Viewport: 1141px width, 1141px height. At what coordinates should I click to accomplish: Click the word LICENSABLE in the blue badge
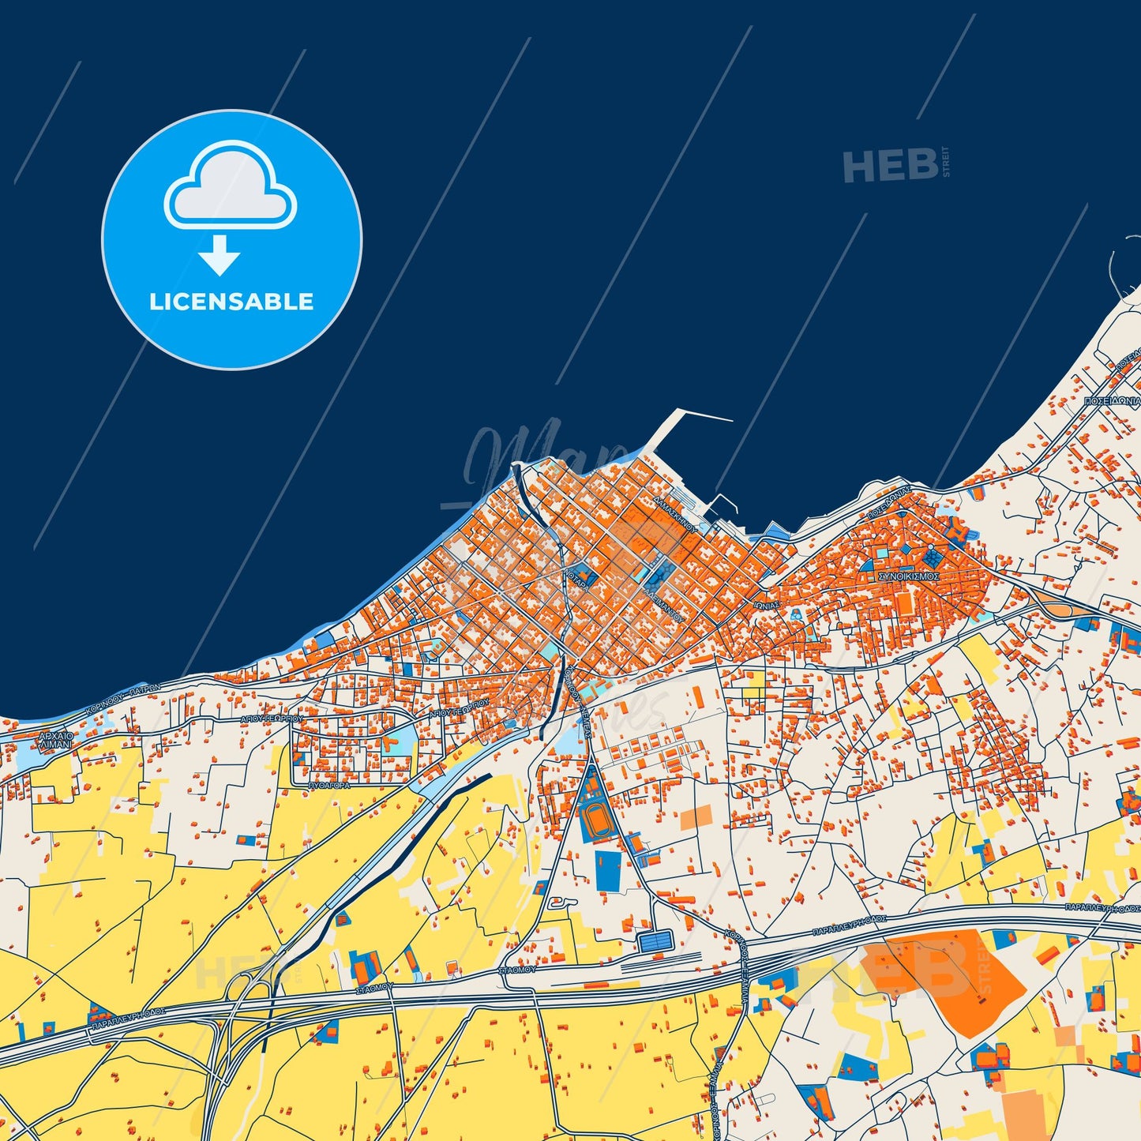point(231,302)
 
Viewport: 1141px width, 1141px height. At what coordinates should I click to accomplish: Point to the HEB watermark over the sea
point(891,166)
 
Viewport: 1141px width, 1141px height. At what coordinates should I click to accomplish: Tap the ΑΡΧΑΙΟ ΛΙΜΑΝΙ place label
point(55,740)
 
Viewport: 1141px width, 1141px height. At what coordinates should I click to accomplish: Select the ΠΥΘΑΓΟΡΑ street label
point(329,786)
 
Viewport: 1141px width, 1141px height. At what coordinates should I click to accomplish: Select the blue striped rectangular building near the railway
point(656,940)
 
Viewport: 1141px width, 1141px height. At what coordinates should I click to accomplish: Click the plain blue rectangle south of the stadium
point(607,871)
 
